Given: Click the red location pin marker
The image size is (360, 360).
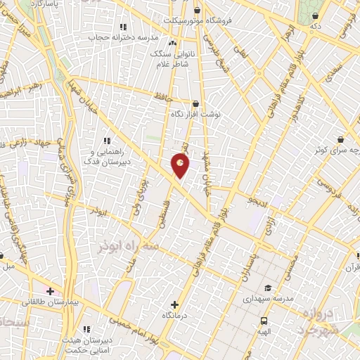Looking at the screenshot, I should (x=180, y=165).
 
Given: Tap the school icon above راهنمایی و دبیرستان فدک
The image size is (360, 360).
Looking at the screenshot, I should (x=107, y=141).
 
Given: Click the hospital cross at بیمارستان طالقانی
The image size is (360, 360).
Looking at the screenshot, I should (x=51, y=290).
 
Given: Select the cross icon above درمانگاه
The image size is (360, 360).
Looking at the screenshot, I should (x=174, y=305).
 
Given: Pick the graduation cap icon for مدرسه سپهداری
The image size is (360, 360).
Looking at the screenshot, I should (x=267, y=288).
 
